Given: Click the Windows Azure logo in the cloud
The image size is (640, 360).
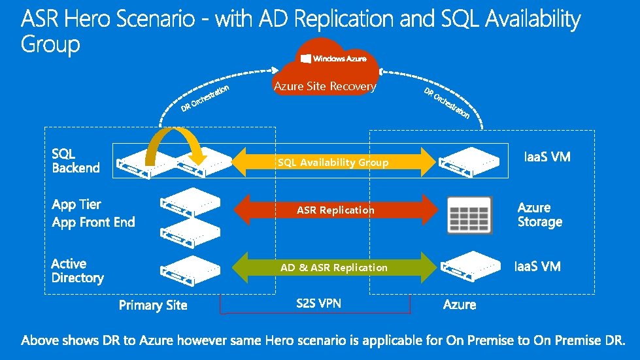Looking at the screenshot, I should (333, 59).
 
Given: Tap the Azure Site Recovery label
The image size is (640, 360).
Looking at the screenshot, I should (325, 86).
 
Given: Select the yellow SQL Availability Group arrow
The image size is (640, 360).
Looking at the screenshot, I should (333, 162).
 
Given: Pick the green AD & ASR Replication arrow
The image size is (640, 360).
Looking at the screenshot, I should (334, 267).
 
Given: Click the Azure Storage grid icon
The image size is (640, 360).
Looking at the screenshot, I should (469, 213).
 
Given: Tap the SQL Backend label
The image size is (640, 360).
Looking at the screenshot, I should (76, 161).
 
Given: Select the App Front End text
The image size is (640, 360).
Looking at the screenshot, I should (93, 222).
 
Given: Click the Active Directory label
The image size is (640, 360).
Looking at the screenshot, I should (77, 270).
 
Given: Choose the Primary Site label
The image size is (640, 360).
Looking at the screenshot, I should (153, 305).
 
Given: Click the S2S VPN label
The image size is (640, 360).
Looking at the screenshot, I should (318, 303).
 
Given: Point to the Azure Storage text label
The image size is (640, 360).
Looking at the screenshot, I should (539, 214).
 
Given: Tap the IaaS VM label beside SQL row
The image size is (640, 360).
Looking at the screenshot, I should (548, 157).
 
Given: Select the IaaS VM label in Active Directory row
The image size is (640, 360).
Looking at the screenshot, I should (537, 266).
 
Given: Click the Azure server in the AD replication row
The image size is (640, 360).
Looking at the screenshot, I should (472, 267).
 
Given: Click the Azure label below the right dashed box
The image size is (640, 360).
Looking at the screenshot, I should (460, 304).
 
